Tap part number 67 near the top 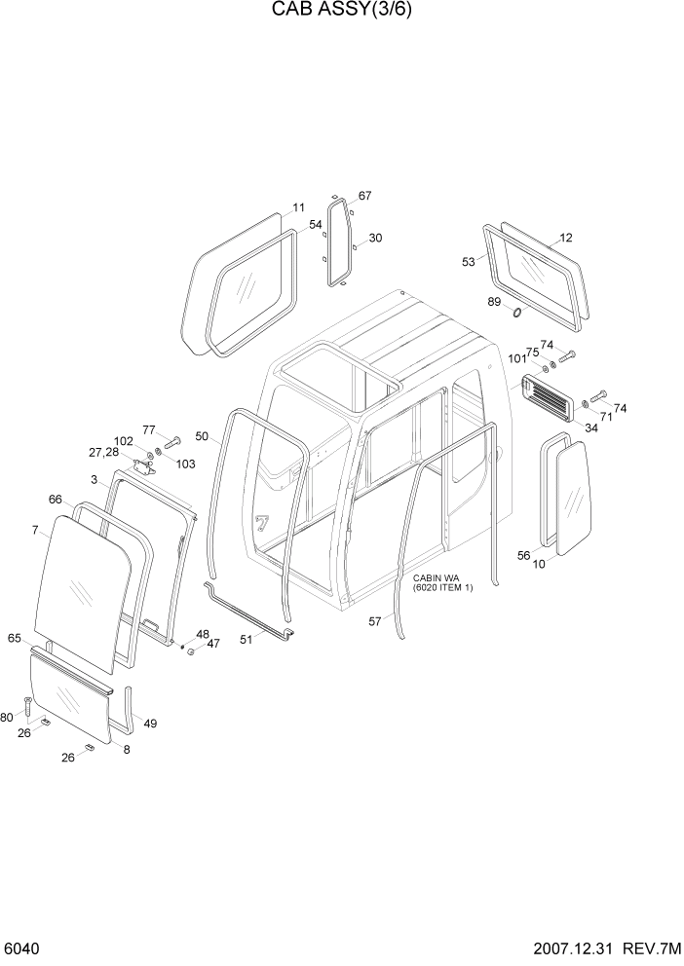tap(364, 196)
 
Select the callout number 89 tap(495, 302)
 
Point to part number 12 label tap(566, 238)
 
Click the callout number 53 tap(468, 262)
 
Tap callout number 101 tap(517, 357)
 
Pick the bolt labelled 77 tap(172, 443)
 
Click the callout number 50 tap(202, 436)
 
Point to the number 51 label tap(246, 640)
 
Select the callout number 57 tap(375, 621)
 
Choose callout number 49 tap(149, 723)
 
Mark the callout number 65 tap(15, 638)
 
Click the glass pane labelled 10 tap(575, 498)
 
